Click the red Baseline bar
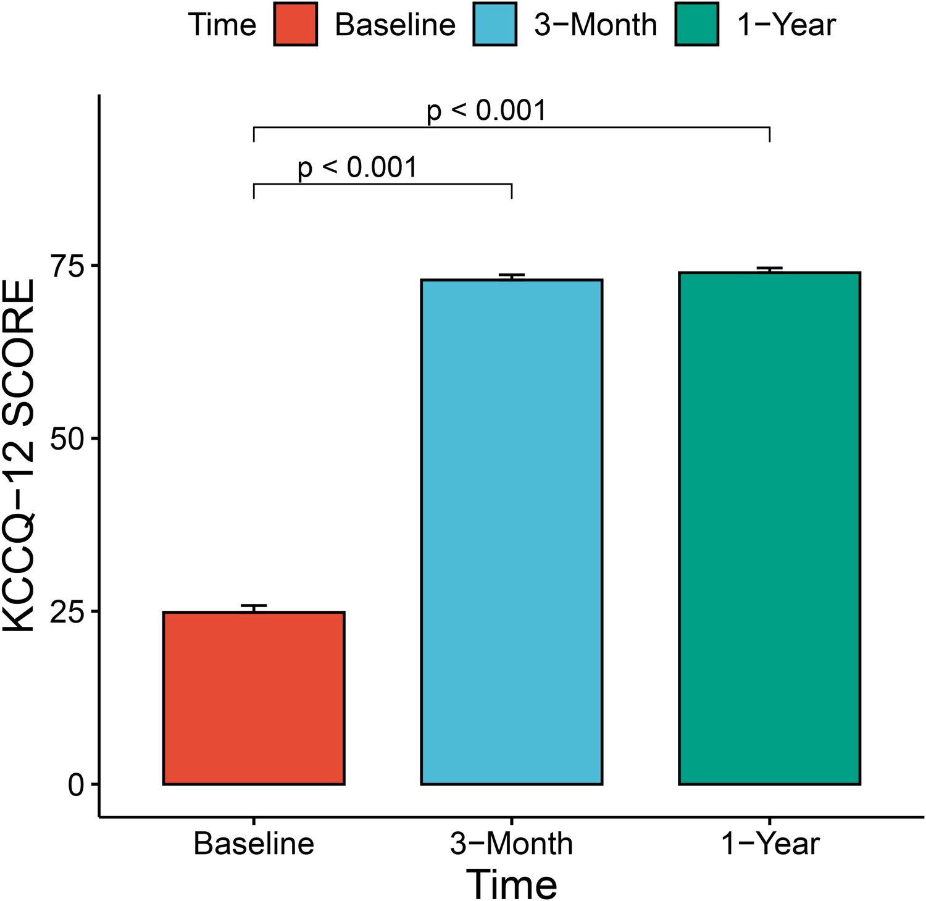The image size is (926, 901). coord(254,698)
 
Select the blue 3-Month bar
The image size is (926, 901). coord(511,532)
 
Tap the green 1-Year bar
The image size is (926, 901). coord(769,528)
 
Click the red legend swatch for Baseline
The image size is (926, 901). coord(296,24)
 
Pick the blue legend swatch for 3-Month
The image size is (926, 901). coord(494,24)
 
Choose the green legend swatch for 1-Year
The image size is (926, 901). coord(696,24)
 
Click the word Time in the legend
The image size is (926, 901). coord(222,25)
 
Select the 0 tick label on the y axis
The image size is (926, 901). coord(75,785)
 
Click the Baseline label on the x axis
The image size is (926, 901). coord(254,844)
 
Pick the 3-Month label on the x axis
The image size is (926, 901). coord(511,844)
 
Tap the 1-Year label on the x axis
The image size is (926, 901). coord(770,844)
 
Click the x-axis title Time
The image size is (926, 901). coord(511,884)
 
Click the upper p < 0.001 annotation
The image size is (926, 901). coord(486,111)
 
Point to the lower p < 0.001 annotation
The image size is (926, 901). coord(357,167)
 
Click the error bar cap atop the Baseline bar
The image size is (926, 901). coord(254,606)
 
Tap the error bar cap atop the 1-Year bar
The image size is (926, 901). coord(769,268)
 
